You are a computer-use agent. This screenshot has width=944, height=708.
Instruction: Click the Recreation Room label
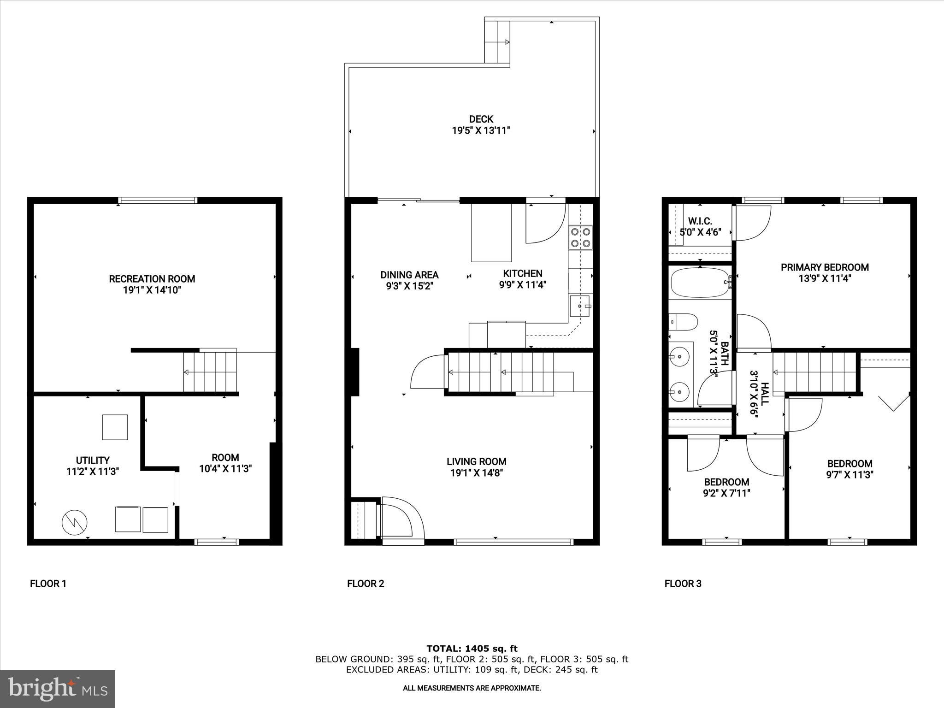tap(152, 279)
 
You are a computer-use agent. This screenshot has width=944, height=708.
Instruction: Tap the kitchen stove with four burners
tap(580, 237)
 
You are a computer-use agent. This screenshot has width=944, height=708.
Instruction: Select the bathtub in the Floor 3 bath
tap(699, 283)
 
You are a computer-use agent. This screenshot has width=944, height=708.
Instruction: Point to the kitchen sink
tap(580, 306)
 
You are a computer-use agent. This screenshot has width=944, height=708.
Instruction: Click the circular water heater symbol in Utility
tap(75, 522)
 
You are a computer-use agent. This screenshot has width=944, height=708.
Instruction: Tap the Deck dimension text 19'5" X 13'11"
tap(481, 131)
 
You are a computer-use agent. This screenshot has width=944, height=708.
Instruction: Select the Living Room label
tap(476, 461)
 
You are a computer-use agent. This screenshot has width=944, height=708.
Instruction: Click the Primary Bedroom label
tap(825, 267)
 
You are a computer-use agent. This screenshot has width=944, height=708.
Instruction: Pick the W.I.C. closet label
tap(700, 221)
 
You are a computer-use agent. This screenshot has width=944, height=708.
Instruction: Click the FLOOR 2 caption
tap(366, 584)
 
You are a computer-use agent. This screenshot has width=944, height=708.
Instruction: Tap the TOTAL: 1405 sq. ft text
tap(472, 649)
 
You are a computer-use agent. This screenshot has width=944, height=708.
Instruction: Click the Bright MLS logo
tap(58, 689)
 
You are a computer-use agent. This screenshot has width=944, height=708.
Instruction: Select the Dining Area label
tap(409, 275)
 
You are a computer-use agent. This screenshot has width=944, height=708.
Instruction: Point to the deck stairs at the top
tap(497, 41)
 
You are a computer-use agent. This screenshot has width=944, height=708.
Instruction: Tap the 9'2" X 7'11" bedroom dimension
tap(726, 493)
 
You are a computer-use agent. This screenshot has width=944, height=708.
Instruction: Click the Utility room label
tap(93, 460)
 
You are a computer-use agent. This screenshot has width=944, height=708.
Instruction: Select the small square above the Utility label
tap(115, 427)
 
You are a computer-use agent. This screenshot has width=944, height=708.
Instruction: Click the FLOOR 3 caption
tap(683, 584)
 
